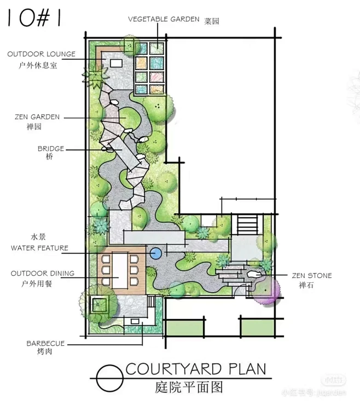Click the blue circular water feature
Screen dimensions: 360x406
tap(156, 253)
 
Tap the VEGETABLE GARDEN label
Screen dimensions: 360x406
tap(164, 19)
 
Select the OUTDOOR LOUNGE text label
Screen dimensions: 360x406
tap(42, 54)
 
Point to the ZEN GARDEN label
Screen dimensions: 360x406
tap(37, 117)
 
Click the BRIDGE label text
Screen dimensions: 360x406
tap(51, 149)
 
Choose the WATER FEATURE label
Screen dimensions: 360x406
tap(39, 248)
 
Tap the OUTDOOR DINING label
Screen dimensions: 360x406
tap(43, 274)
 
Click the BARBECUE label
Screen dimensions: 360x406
tap(45, 344)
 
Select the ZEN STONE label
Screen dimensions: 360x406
tap(312, 276)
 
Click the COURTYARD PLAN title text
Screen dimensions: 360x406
tap(196, 369)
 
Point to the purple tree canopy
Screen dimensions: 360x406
tap(265, 290)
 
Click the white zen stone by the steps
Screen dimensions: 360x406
tap(254, 275)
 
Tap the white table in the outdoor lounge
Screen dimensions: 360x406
tap(117, 63)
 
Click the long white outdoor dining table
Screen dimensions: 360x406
tap(120, 270)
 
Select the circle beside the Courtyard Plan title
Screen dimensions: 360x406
tap(109, 378)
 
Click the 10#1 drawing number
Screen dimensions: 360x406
tap(34, 18)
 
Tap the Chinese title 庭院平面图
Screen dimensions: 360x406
tap(189, 387)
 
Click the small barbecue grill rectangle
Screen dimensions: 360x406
tap(135, 321)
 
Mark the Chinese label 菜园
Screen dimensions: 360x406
tap(212, 21)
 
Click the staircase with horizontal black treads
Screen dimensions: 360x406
tap(248, 224)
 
